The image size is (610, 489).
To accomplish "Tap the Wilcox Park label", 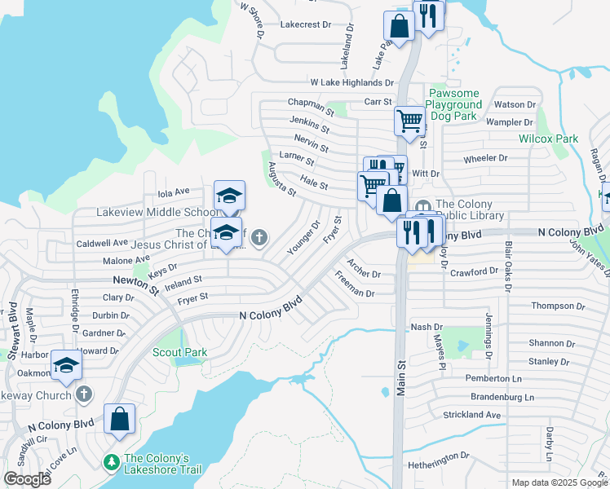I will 548,139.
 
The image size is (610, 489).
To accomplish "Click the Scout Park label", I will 179,352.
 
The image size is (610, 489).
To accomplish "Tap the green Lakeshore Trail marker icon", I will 112,462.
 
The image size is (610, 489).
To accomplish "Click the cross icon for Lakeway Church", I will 83,394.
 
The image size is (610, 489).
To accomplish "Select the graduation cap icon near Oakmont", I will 66,363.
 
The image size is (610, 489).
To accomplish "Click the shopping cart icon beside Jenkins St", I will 410,121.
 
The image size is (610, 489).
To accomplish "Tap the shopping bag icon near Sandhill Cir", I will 119,419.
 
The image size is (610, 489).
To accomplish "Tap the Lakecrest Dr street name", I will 305,25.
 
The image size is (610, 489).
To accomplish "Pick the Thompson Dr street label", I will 557,306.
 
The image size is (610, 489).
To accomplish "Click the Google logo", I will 28,479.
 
